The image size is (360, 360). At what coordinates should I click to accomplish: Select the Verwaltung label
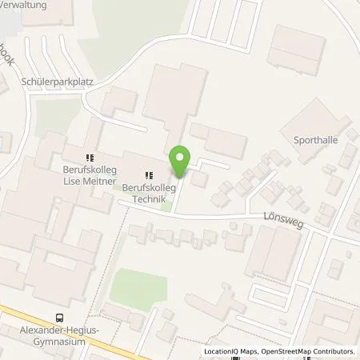(24, 5)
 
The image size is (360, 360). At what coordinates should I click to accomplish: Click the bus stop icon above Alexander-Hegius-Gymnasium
(61, 318)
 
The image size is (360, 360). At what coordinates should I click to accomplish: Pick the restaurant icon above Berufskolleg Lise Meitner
(90, 156)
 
